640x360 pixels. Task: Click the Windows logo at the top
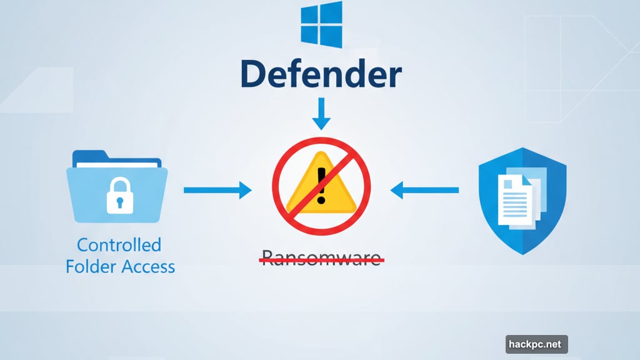(x=321, y=24)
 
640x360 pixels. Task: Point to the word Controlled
(x=119, y=244)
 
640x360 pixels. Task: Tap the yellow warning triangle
(x=321, y=187)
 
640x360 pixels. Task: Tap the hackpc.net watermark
(x=536, y=344)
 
